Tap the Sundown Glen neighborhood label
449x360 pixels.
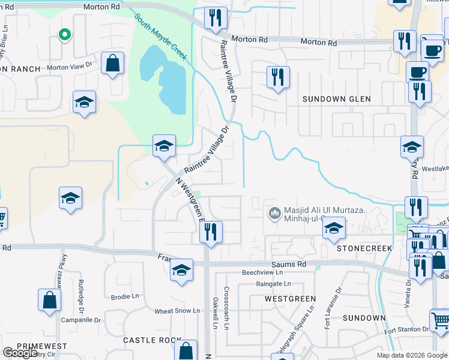tap(336, 99)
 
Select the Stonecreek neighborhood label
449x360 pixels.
tap(364, 248)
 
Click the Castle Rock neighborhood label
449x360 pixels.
tap(152, 340)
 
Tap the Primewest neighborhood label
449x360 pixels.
tap(41, 346)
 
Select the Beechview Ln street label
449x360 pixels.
tap(262, 272)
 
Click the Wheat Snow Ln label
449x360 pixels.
tap(177, 311)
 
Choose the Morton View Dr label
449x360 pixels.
tap(71, 68)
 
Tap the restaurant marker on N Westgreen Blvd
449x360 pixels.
tap(211, 232)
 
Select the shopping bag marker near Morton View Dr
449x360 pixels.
tap(112, 64)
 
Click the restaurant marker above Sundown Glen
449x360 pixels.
tap(277, 77)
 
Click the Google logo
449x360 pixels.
tap(20, 353)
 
